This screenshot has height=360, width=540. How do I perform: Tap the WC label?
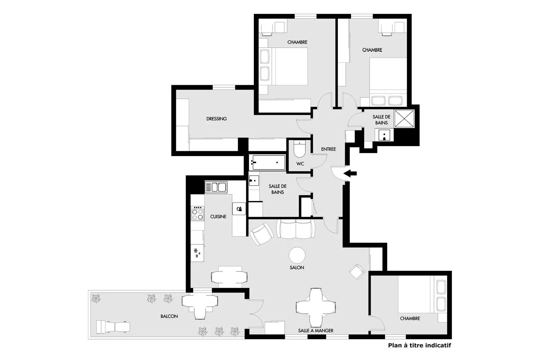300,164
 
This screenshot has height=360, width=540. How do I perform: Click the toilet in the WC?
299,149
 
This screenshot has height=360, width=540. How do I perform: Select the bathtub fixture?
267,163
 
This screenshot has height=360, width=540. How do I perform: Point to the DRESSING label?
216,119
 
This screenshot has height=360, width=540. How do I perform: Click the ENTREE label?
328,149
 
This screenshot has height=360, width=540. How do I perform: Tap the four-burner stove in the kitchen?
197,213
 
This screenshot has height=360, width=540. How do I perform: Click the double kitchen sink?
216,187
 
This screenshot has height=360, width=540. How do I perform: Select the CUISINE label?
218,217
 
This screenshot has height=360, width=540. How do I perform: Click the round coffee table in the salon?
297,255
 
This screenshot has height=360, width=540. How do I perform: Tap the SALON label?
297,267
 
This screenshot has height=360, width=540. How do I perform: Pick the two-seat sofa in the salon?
296,229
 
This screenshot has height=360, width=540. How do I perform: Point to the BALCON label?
169,316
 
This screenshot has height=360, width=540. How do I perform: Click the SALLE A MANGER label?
316,331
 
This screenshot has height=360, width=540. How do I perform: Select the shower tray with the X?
404,119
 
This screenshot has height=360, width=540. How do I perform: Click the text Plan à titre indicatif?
420,345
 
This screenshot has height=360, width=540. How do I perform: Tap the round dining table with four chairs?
316,307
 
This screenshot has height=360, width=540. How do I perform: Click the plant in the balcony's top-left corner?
96,299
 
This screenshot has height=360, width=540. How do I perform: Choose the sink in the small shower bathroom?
384,135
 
